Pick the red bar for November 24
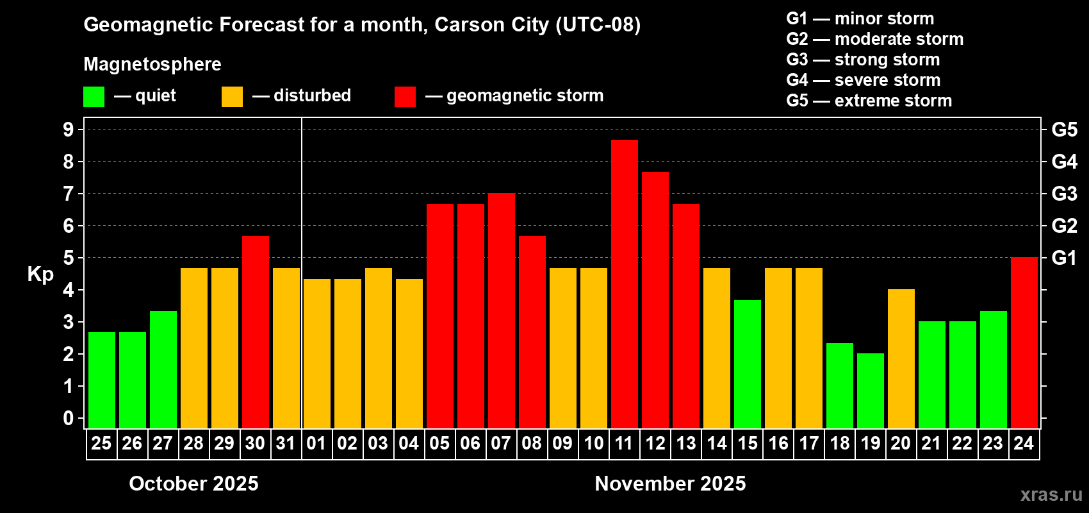tap(1024, 342)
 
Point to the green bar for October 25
tap(101, 380)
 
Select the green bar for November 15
tap(747, 364)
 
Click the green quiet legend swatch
tap(94, 97)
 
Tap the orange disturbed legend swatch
tap(232, 97)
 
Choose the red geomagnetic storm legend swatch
tap(405, 97)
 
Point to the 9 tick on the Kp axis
tap(69, 130)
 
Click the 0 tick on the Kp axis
tap(69, 418)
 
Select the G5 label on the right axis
tap(1064, 130)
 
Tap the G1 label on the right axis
tap(1064, 258)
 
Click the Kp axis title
tap(40, 274)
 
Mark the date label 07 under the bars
tap(501, 443)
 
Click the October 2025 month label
tap(193, 484)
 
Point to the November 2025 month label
tap(670, 484)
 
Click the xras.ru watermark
tap(1051, 494)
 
